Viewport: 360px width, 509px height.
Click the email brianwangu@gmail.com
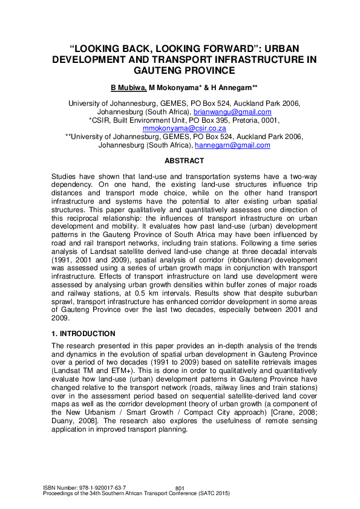click(x=232, y=112)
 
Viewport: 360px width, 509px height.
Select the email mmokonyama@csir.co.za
click(x=184, y=129)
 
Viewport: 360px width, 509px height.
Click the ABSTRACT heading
click(x=185, y=161)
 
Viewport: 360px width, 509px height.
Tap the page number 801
click(x=179, y=488)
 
